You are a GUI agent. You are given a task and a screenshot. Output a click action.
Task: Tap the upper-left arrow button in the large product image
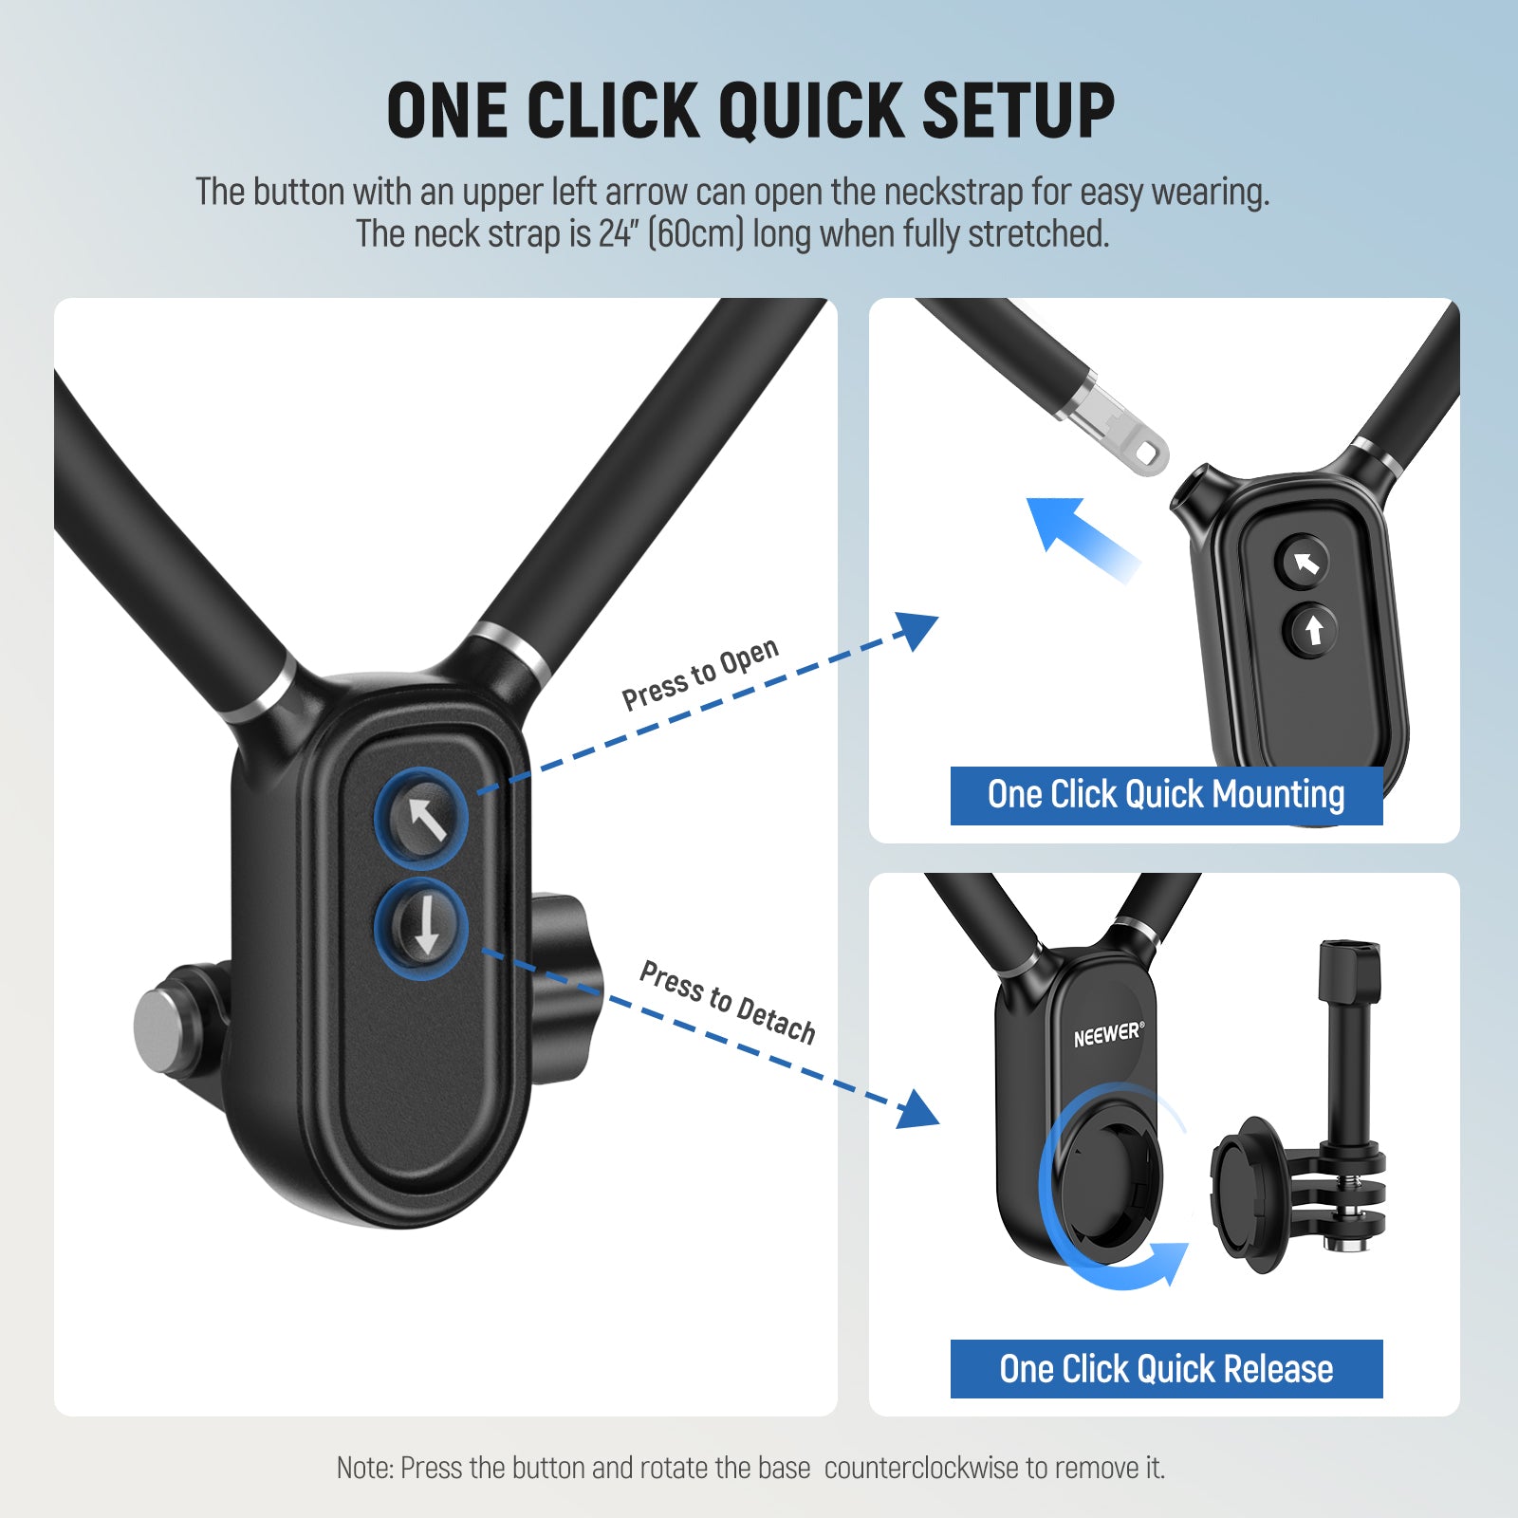tap(422, 819)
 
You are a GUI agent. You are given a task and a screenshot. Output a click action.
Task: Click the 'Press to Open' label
tap(700, 675)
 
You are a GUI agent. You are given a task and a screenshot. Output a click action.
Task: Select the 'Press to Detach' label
tap(728, 1002)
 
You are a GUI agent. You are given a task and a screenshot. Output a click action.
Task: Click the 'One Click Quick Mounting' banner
tap(1166, 795)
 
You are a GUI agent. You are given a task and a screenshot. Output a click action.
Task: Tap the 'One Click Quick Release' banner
tap(1166, 1369)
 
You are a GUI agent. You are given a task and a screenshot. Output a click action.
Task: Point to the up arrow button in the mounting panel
tap(1313, 629)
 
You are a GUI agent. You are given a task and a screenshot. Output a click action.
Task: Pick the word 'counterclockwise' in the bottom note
tap(920, 1468)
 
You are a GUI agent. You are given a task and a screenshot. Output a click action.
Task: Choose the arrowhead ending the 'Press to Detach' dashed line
tap(918, 1110)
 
